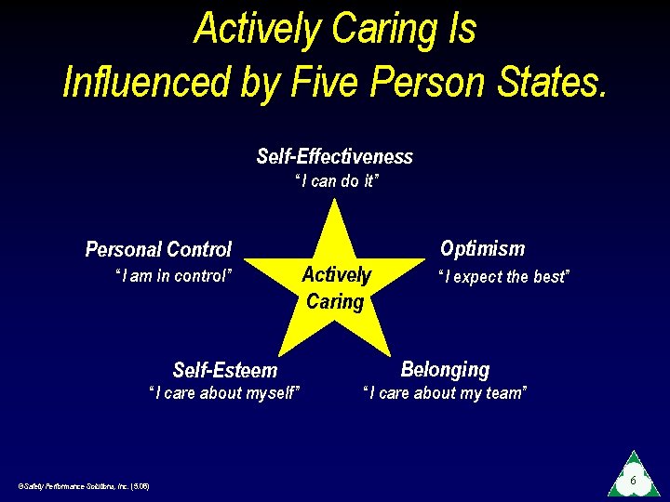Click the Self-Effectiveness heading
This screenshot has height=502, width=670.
[x=334, y=156]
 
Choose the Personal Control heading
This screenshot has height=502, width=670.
[x=158, y=249]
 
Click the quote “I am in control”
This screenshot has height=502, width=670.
[x=172, y=275]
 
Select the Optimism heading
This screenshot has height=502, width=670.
[x=482, y=248]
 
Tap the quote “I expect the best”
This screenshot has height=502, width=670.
[x=503, y=276]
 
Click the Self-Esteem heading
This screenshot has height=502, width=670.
[x=225, y=370]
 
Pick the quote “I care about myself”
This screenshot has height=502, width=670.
[x=225, y=393]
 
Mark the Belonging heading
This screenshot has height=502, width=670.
[x=445, y=369]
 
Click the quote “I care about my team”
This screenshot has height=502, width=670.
[x=445, y=393]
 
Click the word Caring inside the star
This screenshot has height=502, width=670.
[x=335, y=301]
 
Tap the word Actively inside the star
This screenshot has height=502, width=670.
[x=336, y=275]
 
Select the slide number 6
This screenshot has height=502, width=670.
[x=633, y=481]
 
